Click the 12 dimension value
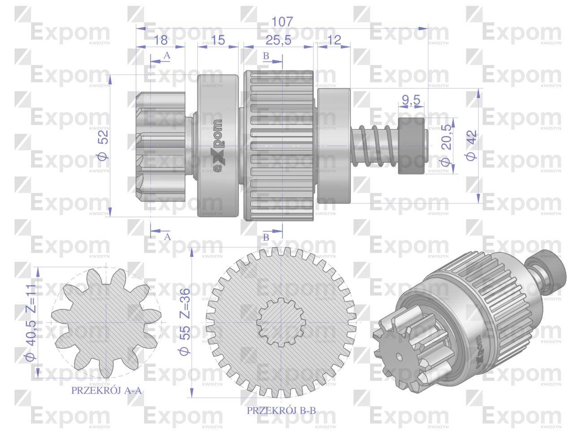[334, 40]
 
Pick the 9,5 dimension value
[411, 100]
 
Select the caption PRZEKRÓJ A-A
[106, 391]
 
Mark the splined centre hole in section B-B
[281, 322]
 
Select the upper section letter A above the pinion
[167, 56]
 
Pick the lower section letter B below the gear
[265, 237]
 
